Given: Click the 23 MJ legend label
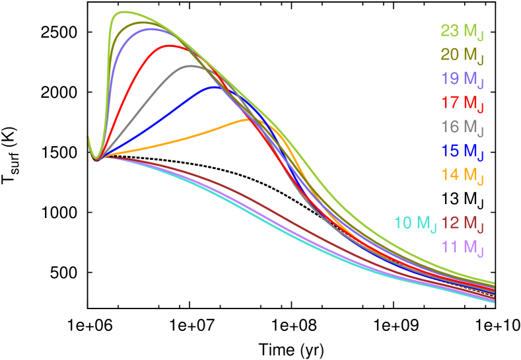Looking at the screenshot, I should (x=462, y=31).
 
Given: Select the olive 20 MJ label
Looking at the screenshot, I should (x=462, y=55).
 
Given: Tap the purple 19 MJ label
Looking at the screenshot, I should (x=462, y=79).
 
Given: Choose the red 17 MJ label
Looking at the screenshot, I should (x=462, y=103).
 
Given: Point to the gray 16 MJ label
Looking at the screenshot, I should (x=462, y=127).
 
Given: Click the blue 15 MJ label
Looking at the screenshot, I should (x=462, y=151).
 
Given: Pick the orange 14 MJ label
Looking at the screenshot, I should (x=462, y=175).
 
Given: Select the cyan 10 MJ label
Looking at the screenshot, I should (x=415, y=223).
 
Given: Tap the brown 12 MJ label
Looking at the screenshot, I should (x=462, y=223).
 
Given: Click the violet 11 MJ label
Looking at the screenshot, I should (x=462, y=248).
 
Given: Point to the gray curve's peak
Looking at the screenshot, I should (x=191, y=65).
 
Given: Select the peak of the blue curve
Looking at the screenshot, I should (x=215, y=86).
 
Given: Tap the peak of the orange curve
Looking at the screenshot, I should (x=251, y=120).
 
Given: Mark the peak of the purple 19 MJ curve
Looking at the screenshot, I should (x=149, y=28).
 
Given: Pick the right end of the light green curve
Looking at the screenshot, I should (x=494, y=283).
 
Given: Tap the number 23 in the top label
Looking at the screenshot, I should (x=450, y=30).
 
